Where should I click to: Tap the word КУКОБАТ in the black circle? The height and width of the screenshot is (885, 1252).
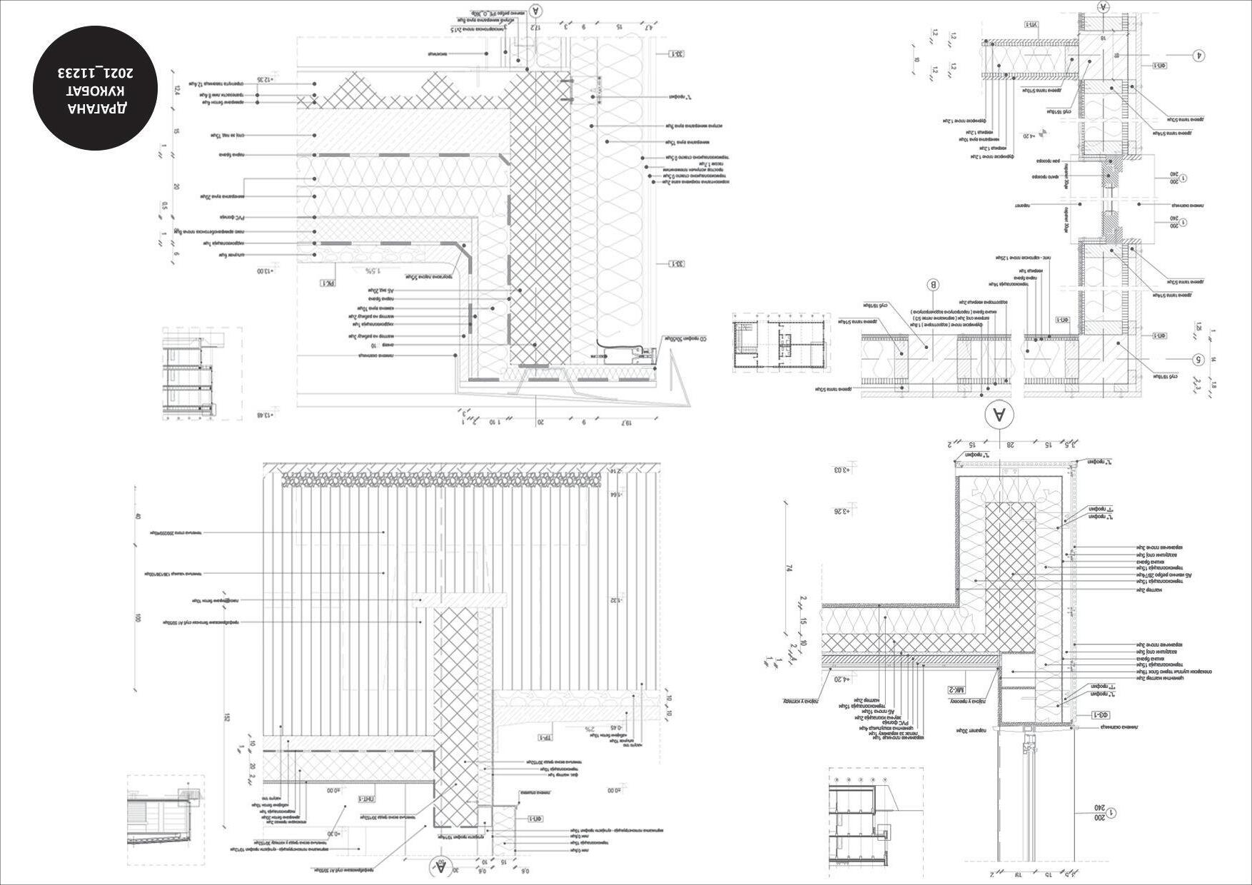tap(96, 91)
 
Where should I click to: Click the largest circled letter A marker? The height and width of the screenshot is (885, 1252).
tap(999, 415)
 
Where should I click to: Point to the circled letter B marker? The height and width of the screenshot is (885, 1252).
tap(933, 286)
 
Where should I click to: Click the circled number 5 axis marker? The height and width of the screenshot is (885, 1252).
tap(1198, 360)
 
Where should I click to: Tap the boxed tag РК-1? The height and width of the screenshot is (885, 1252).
tap(328, 283)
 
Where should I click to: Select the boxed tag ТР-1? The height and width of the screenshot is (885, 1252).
tap(545, 737)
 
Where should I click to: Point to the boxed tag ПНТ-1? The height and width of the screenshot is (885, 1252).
tap(366, 799)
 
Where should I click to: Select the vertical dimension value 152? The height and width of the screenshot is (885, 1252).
tap(226, 718)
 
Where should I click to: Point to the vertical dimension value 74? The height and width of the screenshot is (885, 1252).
tap(789, 568)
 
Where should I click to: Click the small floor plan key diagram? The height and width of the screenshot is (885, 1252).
tap(781, 345)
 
